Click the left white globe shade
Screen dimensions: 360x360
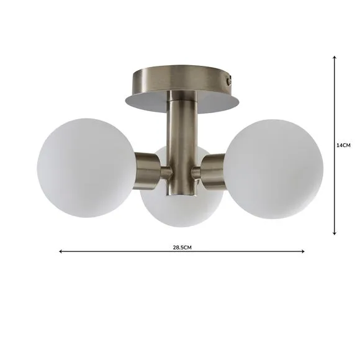86,168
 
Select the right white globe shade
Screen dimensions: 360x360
274,169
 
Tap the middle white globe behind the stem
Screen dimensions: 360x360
182,207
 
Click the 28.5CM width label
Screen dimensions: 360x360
182,248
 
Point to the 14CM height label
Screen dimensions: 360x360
343,145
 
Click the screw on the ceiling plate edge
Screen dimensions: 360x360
229,81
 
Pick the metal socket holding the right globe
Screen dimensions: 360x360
214,172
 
